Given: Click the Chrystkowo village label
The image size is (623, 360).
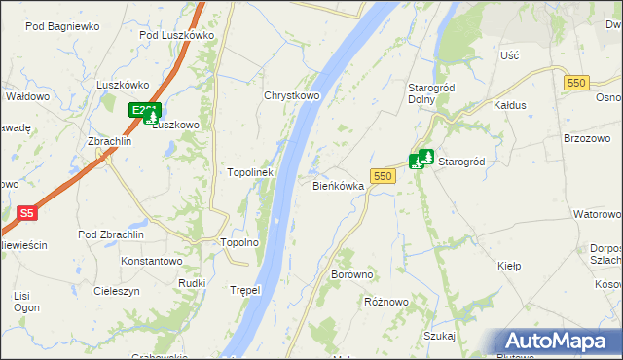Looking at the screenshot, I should click(292, 96).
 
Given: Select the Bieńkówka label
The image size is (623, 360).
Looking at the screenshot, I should click(338, 185).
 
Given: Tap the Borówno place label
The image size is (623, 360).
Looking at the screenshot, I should click(352, 275).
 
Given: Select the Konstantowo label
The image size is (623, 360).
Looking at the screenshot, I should click(152, 262).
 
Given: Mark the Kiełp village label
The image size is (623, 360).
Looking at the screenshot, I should click(509, 266).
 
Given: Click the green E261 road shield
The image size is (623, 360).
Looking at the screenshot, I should click(143, 111).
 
